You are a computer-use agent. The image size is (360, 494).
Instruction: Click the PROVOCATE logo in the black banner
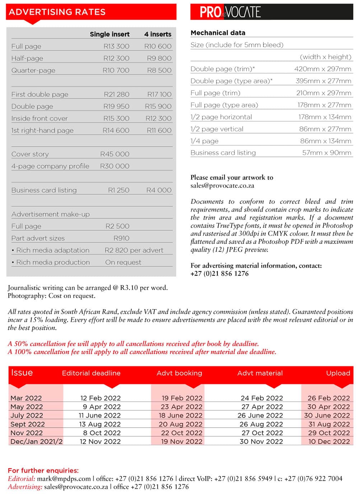pyautogui.click(x=230, y=12)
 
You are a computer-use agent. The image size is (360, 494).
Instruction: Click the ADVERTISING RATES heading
pyautogui.click(x=57, y=12)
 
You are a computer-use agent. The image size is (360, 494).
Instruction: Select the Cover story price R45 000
pyautogui.click(x=114, y=154)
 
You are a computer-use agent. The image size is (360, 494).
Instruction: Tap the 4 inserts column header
pyautogui.click(x=158, y=34)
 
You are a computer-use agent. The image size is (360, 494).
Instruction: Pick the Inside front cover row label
pyautogui.click(x=39, y=118)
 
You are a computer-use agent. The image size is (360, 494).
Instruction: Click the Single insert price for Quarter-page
pyautogui.click(x=116, y=70)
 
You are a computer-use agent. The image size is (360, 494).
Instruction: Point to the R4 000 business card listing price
pyautogui.click(x=159, y=190)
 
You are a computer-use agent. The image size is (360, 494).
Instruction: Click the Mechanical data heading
pyautogui.click(x=218, y=33)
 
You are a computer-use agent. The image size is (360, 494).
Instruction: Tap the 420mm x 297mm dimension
pyautogui.click(x=323, y=69)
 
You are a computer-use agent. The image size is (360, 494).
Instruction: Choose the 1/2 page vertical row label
pyautogui.click(x=217, y=129)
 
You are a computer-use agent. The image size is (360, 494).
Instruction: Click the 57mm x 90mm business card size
pyautogui.click(x=327, y=153)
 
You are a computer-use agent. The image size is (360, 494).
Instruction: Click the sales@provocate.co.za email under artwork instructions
pyautogui.click(x=222, y=186)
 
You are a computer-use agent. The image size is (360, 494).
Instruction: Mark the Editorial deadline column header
pyautogui.click(x=91, y=373)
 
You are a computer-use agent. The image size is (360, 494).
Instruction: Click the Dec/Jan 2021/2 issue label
pyautogui.click(x=36, y=442)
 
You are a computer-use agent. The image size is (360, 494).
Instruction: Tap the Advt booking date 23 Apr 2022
pyautogui.click(x=182, y=407)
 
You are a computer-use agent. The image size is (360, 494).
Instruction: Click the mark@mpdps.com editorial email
pyautogui.click(x=64, y=479)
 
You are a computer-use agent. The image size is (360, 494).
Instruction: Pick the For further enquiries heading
pyautogui.click(x=43, y=470)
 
